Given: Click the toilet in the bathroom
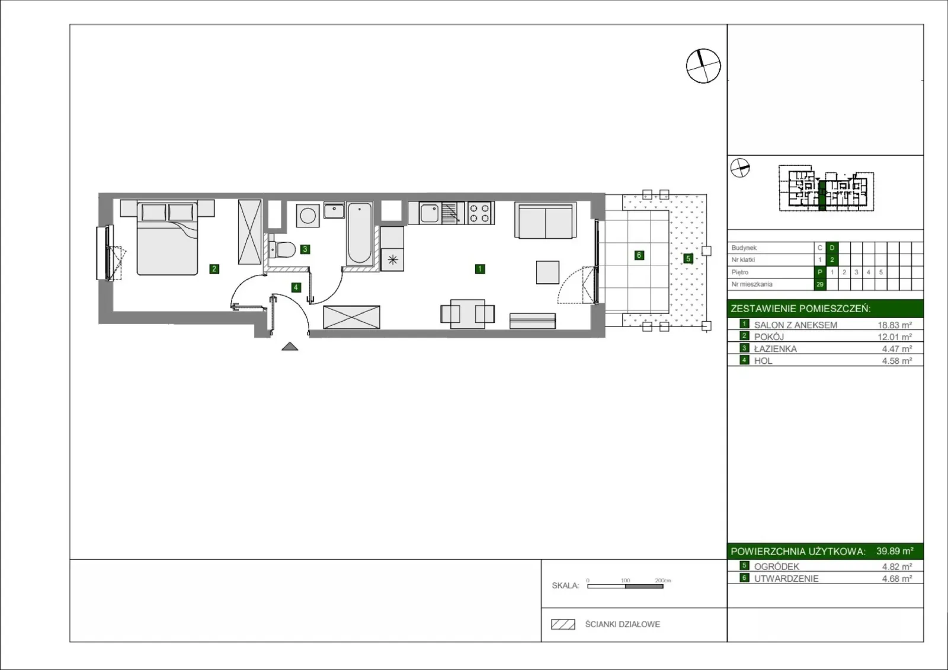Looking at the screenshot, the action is (282, 249).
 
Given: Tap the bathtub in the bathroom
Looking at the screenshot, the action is (359, 233).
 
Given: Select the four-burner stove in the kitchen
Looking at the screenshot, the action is (481, 213).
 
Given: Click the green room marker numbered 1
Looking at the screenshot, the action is (479, 269).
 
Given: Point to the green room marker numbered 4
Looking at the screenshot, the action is (296, 287).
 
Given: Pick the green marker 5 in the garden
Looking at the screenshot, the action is (688, 258).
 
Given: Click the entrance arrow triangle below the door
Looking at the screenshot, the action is (290, 346).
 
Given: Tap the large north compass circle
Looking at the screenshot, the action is (703, 66).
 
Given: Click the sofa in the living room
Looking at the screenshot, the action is (546, 221).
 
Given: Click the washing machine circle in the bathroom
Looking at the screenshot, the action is (308, 216).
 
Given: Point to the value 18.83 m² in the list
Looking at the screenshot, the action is (895, 325).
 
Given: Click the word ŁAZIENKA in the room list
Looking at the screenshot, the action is (776, 349).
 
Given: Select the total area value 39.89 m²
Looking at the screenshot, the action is (895, 551).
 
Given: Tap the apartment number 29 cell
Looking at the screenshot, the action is (820, 284).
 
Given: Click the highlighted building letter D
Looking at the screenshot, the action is (832, 248).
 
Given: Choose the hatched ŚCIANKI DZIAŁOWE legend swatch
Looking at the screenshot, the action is (563, 624).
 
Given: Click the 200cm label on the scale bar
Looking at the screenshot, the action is (663, 581).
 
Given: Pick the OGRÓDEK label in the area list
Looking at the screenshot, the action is (777, 566).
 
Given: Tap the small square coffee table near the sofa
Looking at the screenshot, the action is (547, 272).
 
